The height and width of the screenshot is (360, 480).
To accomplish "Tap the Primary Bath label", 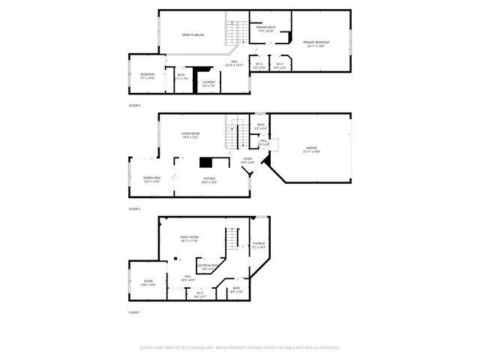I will click(266, 29).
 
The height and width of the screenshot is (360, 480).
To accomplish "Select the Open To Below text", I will click(193, 35).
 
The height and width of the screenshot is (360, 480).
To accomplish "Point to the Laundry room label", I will click(208, 84).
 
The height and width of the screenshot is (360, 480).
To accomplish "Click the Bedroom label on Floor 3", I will click(147, 76).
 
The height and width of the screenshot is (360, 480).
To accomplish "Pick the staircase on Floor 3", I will click(236, 34).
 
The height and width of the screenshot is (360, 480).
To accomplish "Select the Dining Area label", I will click(151, 179).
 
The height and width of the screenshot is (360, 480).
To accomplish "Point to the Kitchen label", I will click(208, 179).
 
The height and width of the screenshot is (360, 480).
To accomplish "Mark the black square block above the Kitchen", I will click(205, 162).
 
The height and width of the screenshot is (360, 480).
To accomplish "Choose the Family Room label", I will click(189, 239).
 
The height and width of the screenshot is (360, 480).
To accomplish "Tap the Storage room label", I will click(259, 244).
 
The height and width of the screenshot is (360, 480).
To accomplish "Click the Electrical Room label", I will click(208, 266).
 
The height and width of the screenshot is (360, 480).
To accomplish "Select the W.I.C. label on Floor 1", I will click(199, 295).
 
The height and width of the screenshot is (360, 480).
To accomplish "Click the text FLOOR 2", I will click(134, 208).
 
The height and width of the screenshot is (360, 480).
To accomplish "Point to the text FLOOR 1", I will click(134, 311).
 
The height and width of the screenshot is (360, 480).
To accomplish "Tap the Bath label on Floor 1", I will click(236, 289).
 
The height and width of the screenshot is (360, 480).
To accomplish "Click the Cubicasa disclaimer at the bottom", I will click(240, 348).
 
